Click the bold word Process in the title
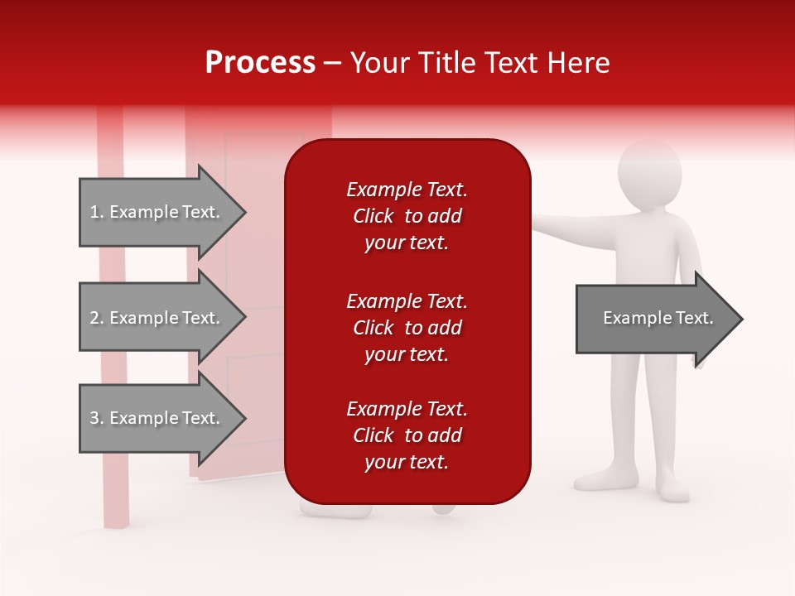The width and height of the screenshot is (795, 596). tap(260, 63)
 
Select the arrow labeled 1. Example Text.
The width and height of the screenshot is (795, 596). tap(157, 212)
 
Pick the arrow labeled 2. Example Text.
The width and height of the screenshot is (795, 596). tap(157, 318)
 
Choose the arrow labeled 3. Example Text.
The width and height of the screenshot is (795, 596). tap(157, 418)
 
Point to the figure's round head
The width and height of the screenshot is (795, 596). tap(650, 175)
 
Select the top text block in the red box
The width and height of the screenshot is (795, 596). tap(407, 216)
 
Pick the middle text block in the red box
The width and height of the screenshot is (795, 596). tap(407, 328)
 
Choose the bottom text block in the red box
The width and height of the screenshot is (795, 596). tap(407, 435)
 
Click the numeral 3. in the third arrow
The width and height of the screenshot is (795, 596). tap(96, 418)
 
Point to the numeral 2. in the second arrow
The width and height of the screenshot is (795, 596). tap(96, 318)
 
